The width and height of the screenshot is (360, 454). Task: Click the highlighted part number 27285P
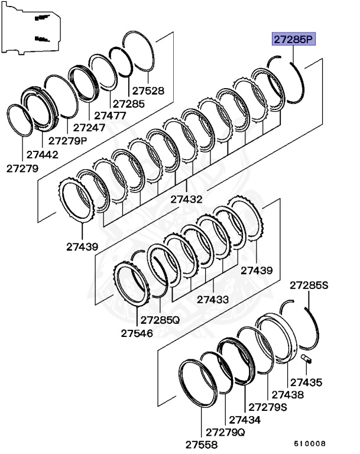coord(294,40)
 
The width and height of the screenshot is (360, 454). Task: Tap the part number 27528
coord(148,91)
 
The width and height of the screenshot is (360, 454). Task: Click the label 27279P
coord(67,141)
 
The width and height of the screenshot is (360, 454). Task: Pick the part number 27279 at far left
coord(22,168)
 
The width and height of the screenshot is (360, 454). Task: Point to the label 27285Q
coord(160,320)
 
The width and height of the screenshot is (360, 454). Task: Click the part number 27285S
coord(308,286)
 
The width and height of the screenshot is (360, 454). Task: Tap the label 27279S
coord(268,407)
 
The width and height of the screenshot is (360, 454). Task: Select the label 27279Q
coord(225,432)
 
